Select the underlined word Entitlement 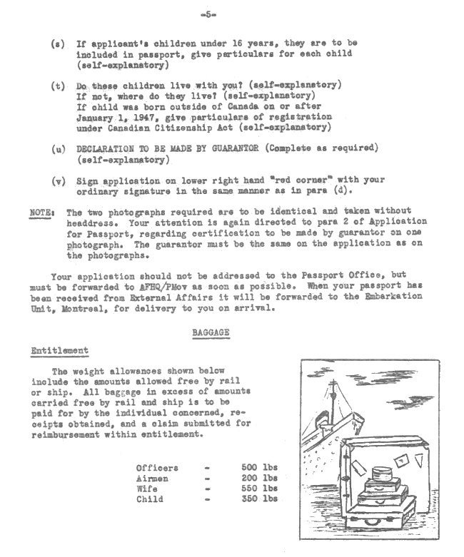(59, 351)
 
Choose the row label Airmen (152, 478)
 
